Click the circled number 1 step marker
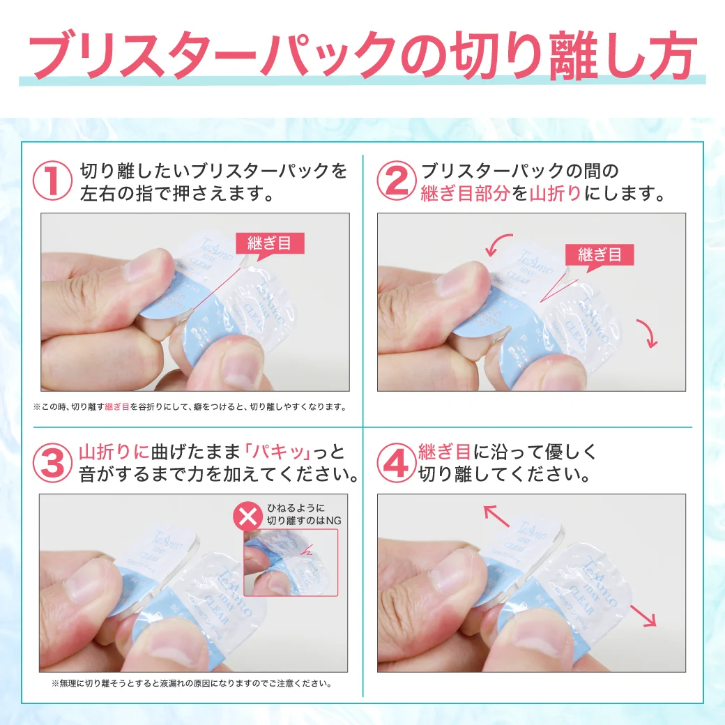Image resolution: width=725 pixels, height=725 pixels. coord(53,181)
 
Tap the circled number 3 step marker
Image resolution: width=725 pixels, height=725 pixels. coord(53,461)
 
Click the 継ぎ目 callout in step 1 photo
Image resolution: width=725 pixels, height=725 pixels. coord(270,243)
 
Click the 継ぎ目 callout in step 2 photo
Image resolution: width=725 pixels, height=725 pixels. coord(600,254)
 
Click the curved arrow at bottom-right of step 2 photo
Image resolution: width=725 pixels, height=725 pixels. coord(649,333)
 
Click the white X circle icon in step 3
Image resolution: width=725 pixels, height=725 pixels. coord(247,515)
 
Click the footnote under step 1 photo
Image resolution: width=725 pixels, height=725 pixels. coord(190,406)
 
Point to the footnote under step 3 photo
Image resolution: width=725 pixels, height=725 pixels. coord(192,684)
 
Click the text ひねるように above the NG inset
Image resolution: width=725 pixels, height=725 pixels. coord(296,507)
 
